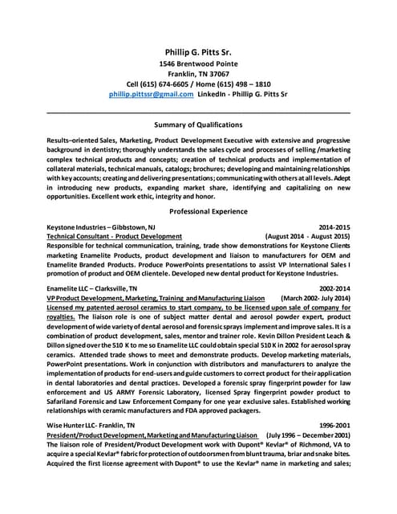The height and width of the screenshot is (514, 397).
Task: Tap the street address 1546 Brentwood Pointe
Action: click(198, 64)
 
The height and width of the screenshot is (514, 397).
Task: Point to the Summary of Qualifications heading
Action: click(198, 124)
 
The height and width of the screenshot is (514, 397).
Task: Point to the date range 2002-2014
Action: click(334, 288)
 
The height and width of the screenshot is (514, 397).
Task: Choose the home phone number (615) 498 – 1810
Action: click(240, 84)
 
